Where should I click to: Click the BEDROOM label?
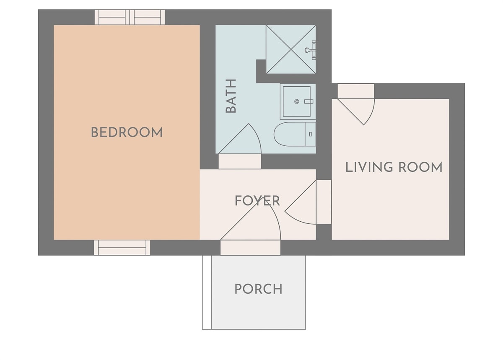127,132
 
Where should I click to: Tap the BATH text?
231,96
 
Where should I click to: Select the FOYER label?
257,201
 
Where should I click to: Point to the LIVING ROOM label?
394,167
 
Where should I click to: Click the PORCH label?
258,289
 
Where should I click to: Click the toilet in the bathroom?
295,134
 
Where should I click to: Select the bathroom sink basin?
297,101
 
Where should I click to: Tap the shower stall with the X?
291,49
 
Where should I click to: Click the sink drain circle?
297,101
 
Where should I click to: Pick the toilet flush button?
310,134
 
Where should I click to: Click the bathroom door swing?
240,139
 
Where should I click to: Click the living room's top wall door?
356,104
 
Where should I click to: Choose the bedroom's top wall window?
130,17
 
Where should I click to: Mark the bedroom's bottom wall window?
122,248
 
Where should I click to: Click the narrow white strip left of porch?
207,293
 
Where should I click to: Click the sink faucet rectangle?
309,101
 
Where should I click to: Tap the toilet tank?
310,134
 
